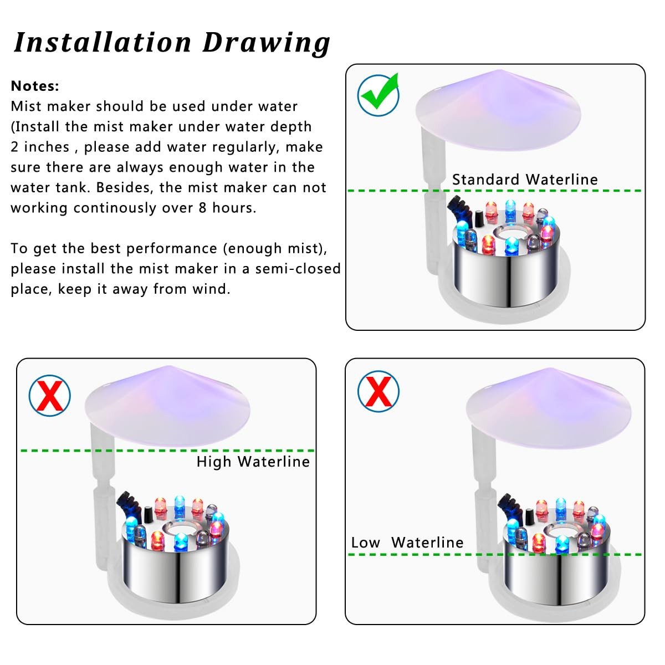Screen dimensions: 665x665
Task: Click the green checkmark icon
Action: (378, 95)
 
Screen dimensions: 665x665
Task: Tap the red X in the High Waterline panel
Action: (50, 396)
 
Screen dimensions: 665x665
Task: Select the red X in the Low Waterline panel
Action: (378, 391)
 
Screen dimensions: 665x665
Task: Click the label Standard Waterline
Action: (525, 180)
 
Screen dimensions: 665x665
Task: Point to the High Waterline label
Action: (253, 462)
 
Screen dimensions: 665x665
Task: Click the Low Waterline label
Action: (407, 543)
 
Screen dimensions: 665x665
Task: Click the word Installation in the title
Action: (102, 43)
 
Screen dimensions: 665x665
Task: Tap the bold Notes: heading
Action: (35, 86)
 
